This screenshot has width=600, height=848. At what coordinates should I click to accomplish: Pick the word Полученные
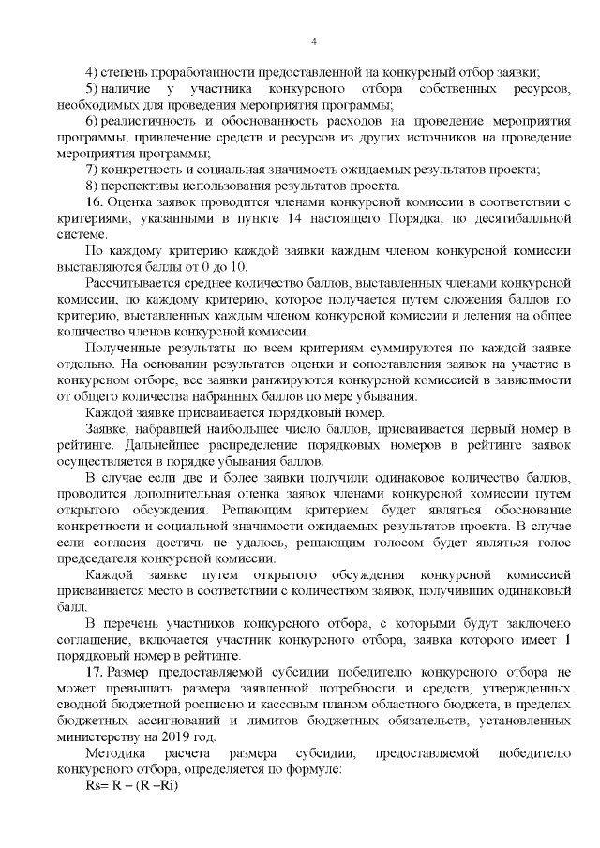pos(120,348)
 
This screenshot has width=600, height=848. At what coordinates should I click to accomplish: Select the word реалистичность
pos(155,122)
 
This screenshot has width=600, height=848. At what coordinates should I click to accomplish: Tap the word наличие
pos(131,87)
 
